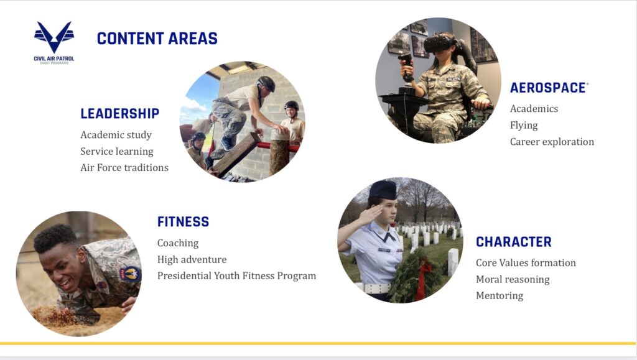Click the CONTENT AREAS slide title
tap(157, 39)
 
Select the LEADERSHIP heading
tap(120, 114)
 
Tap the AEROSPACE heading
tap(548, 88)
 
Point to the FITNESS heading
tap(184, 221)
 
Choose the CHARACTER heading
tap(513, 242)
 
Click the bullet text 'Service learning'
tap(117, 151)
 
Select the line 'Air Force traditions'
tap(124, 168)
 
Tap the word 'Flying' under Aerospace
tap(524, 126)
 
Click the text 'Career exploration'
tap(552, 142)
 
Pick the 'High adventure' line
tap(192, 259)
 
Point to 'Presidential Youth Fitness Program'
tap(237, 276)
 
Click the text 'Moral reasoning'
tap(513, 280)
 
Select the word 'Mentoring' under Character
tap(500, 295)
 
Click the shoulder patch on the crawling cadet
tap(131, 275)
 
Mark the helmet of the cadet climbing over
tap(266, 83)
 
